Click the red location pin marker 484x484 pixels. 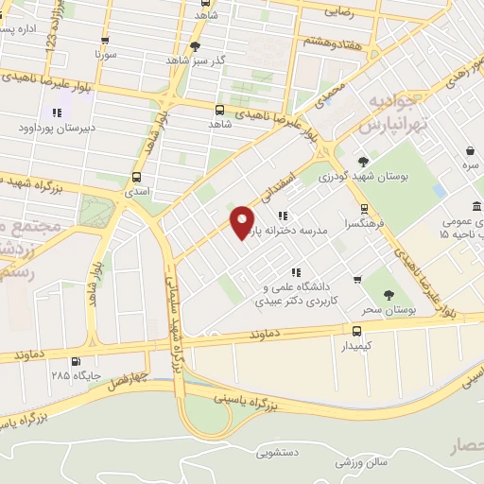pyautogui.click(x=243, y=222)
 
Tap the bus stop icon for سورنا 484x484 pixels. pyautogui.click(x=105, y=41)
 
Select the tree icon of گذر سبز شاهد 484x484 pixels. pyautogui.click(x=196, y=45)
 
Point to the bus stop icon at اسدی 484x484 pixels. pyautogui.click(x=137, y=177)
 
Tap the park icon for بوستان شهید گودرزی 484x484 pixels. pyautogui.click(x=363, y=163)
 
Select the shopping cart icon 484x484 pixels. pyautogui.click(x=357, y=279)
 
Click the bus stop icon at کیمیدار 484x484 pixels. pyautogui.click(x=356, y=331)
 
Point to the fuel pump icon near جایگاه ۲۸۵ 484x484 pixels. pyautogui.click(x=75, y=360)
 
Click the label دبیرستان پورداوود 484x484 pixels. pyautogui.click(x=57, y=130)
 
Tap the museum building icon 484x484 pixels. pyautogui.click(x=475, y=207)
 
